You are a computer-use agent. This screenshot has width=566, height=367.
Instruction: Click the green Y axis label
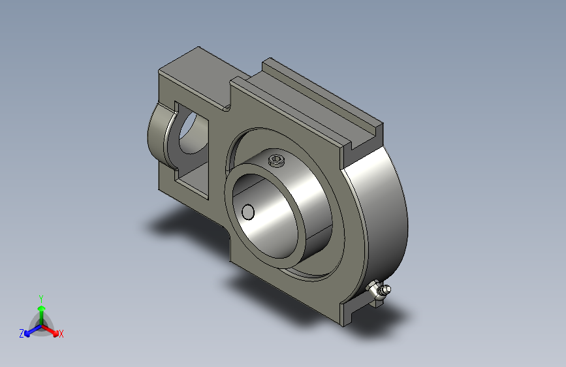pos(41,299)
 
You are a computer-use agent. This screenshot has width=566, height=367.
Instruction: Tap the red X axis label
pos(61,334)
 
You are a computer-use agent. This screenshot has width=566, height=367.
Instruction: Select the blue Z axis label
pos(22,334)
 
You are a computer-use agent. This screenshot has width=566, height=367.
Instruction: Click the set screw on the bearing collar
pos(277,161)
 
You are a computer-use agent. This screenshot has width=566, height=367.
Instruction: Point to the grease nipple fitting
pos(379,291)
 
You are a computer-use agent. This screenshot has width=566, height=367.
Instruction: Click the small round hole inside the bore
pos(248,212)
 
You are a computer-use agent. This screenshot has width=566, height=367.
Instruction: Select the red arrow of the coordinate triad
pos(50,329)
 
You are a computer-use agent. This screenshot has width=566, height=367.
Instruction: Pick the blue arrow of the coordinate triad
pos(33,330)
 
